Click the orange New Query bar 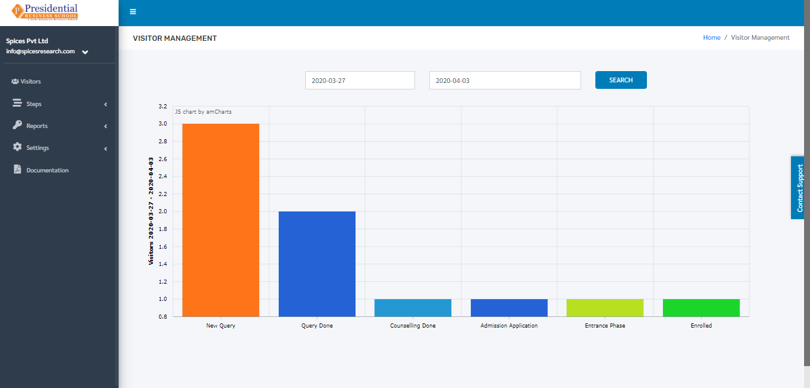pos(221,220)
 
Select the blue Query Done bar pos(317,264)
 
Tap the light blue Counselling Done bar pos(413,308)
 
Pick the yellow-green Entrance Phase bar pos(605,308)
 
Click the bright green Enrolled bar pos(701,308)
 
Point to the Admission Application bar pos(509,308)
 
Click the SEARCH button pos(621,80)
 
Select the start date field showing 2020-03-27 pos(360,80)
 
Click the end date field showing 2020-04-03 pos(505,80)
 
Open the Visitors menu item pos(26,81)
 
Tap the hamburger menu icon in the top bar pos(133,12)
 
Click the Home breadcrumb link pos(712,37)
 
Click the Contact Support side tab pos(798,188)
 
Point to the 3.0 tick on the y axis pos(162,124)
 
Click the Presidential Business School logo pos(45,12)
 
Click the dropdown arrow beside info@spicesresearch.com pos(85,52)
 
